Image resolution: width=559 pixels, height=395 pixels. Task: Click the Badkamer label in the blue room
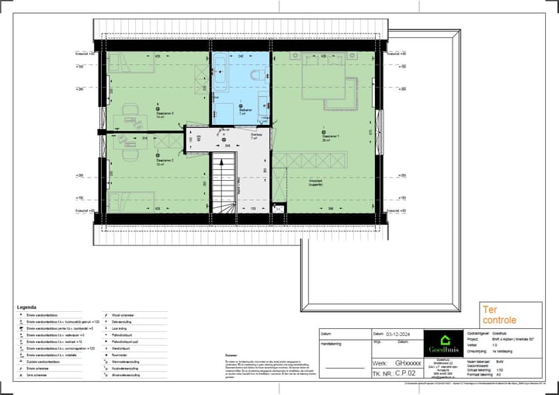coord(242,111)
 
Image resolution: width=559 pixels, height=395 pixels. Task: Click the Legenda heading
coord(26,307)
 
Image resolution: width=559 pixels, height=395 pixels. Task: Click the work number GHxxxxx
coord(408,362)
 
